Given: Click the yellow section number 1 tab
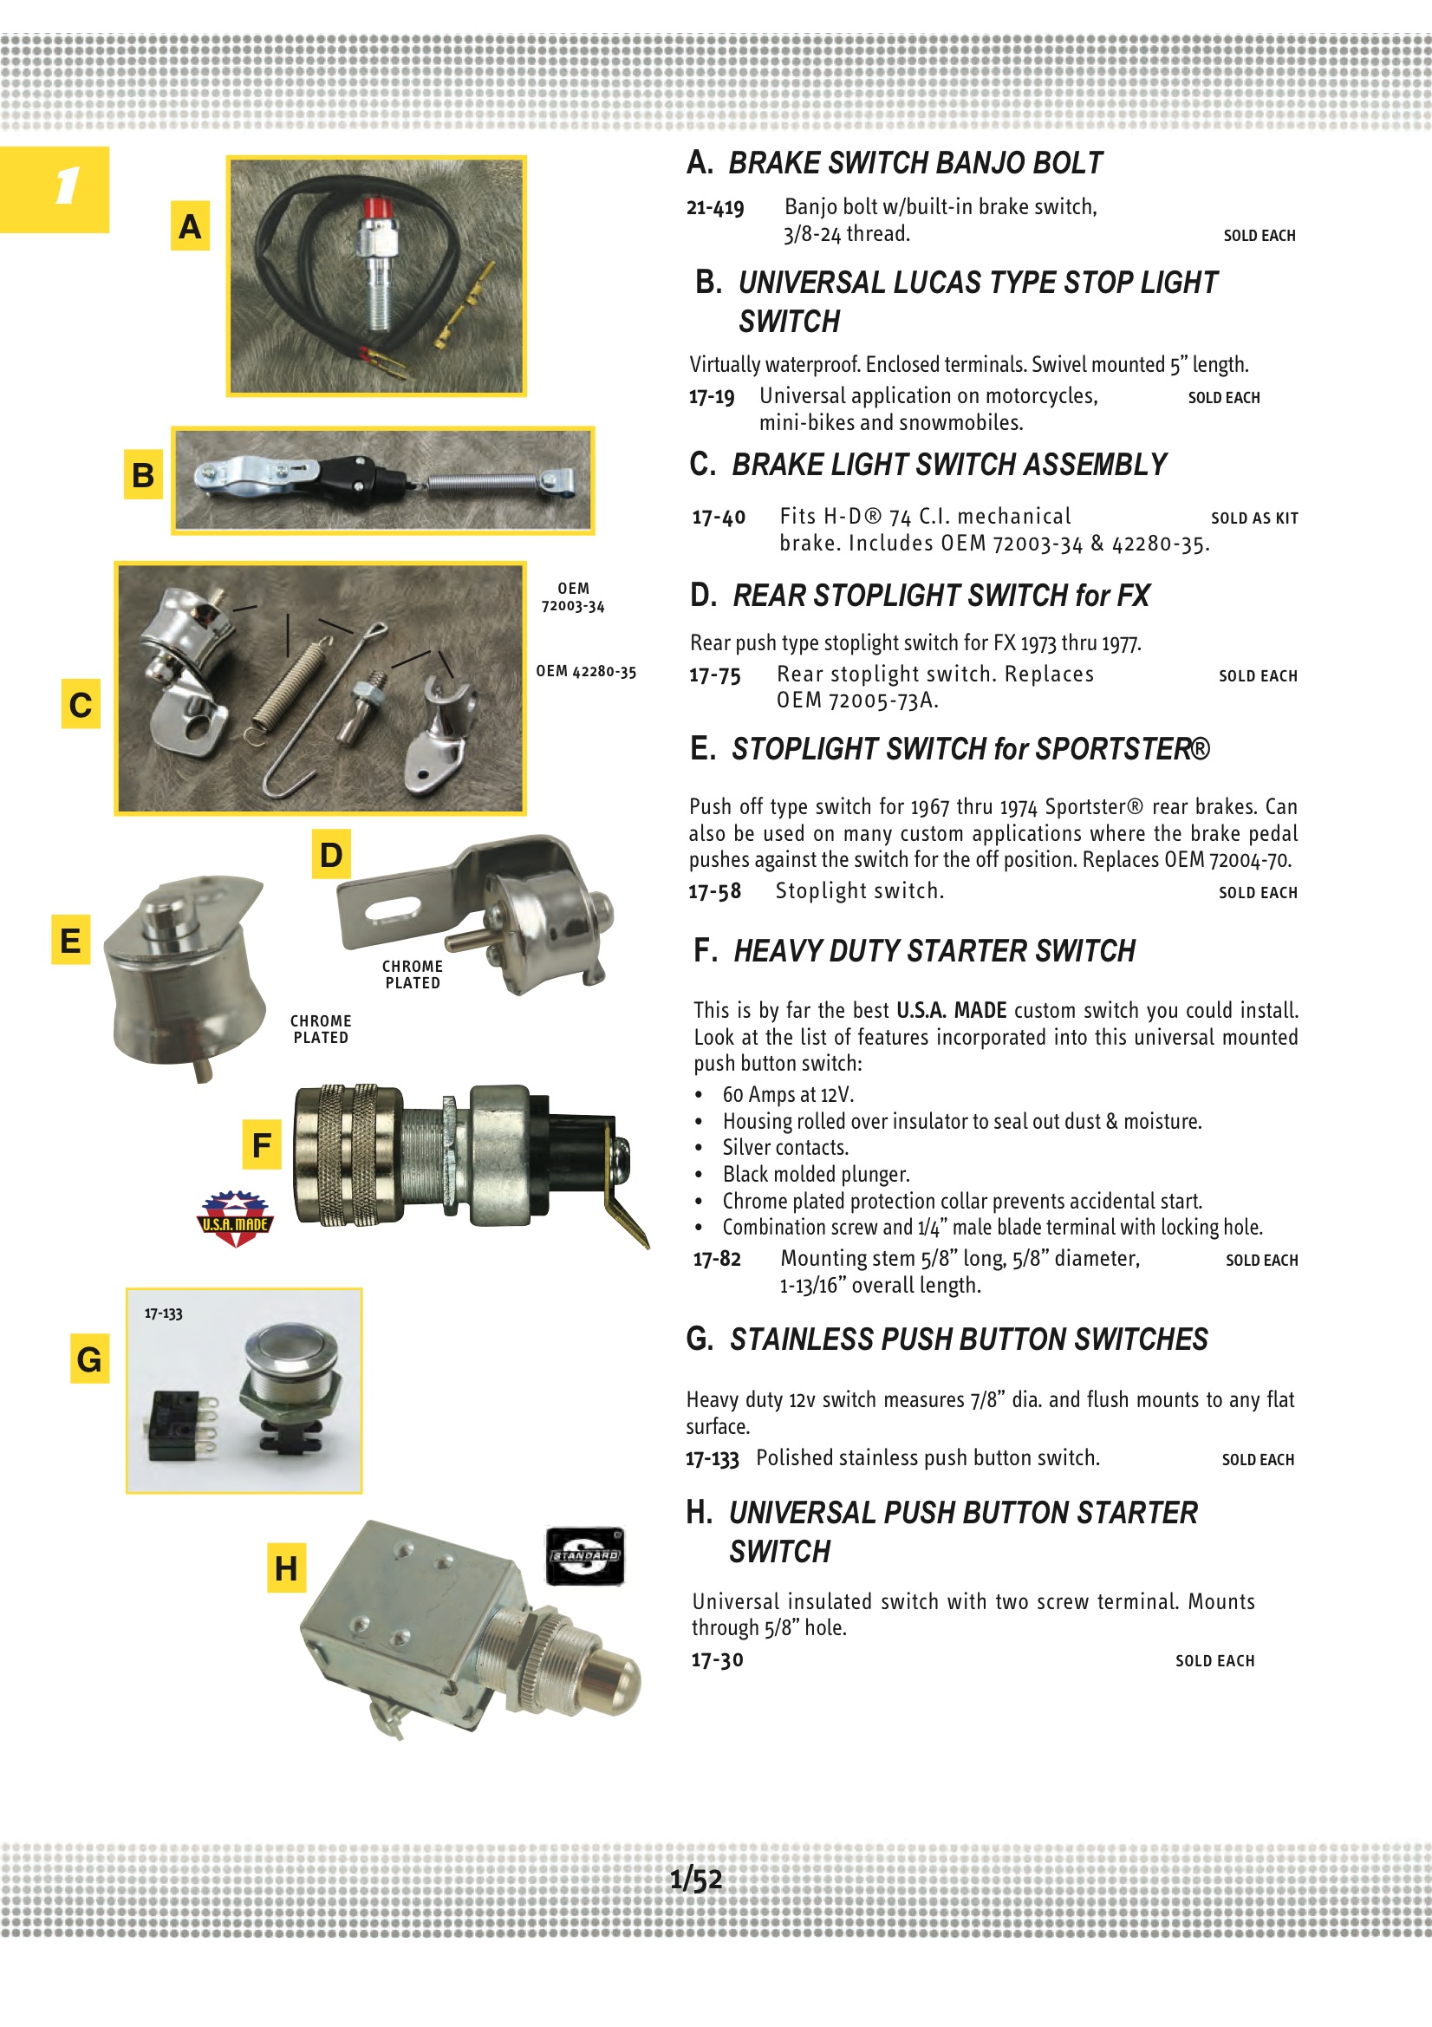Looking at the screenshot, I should pos(55,189).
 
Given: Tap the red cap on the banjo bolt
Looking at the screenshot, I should pos(377,209).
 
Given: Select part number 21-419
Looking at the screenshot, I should pos(715,208).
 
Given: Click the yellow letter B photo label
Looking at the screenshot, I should pos(143,476).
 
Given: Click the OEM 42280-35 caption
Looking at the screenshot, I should pos(585,672).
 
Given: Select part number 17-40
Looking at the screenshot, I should pos(719,518).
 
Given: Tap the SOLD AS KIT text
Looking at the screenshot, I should pos(1253,518).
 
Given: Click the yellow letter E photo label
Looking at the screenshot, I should pos(70,940).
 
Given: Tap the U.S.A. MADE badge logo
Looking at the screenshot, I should pos(235,1218).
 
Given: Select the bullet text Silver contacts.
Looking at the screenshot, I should pos(784,1148).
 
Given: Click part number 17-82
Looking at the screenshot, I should pos(717,1259).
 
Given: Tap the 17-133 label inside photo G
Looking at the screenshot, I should pos(163,1313).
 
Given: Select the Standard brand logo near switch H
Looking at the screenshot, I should pos(585,1555).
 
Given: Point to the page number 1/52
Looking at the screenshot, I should pos(696,1880).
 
